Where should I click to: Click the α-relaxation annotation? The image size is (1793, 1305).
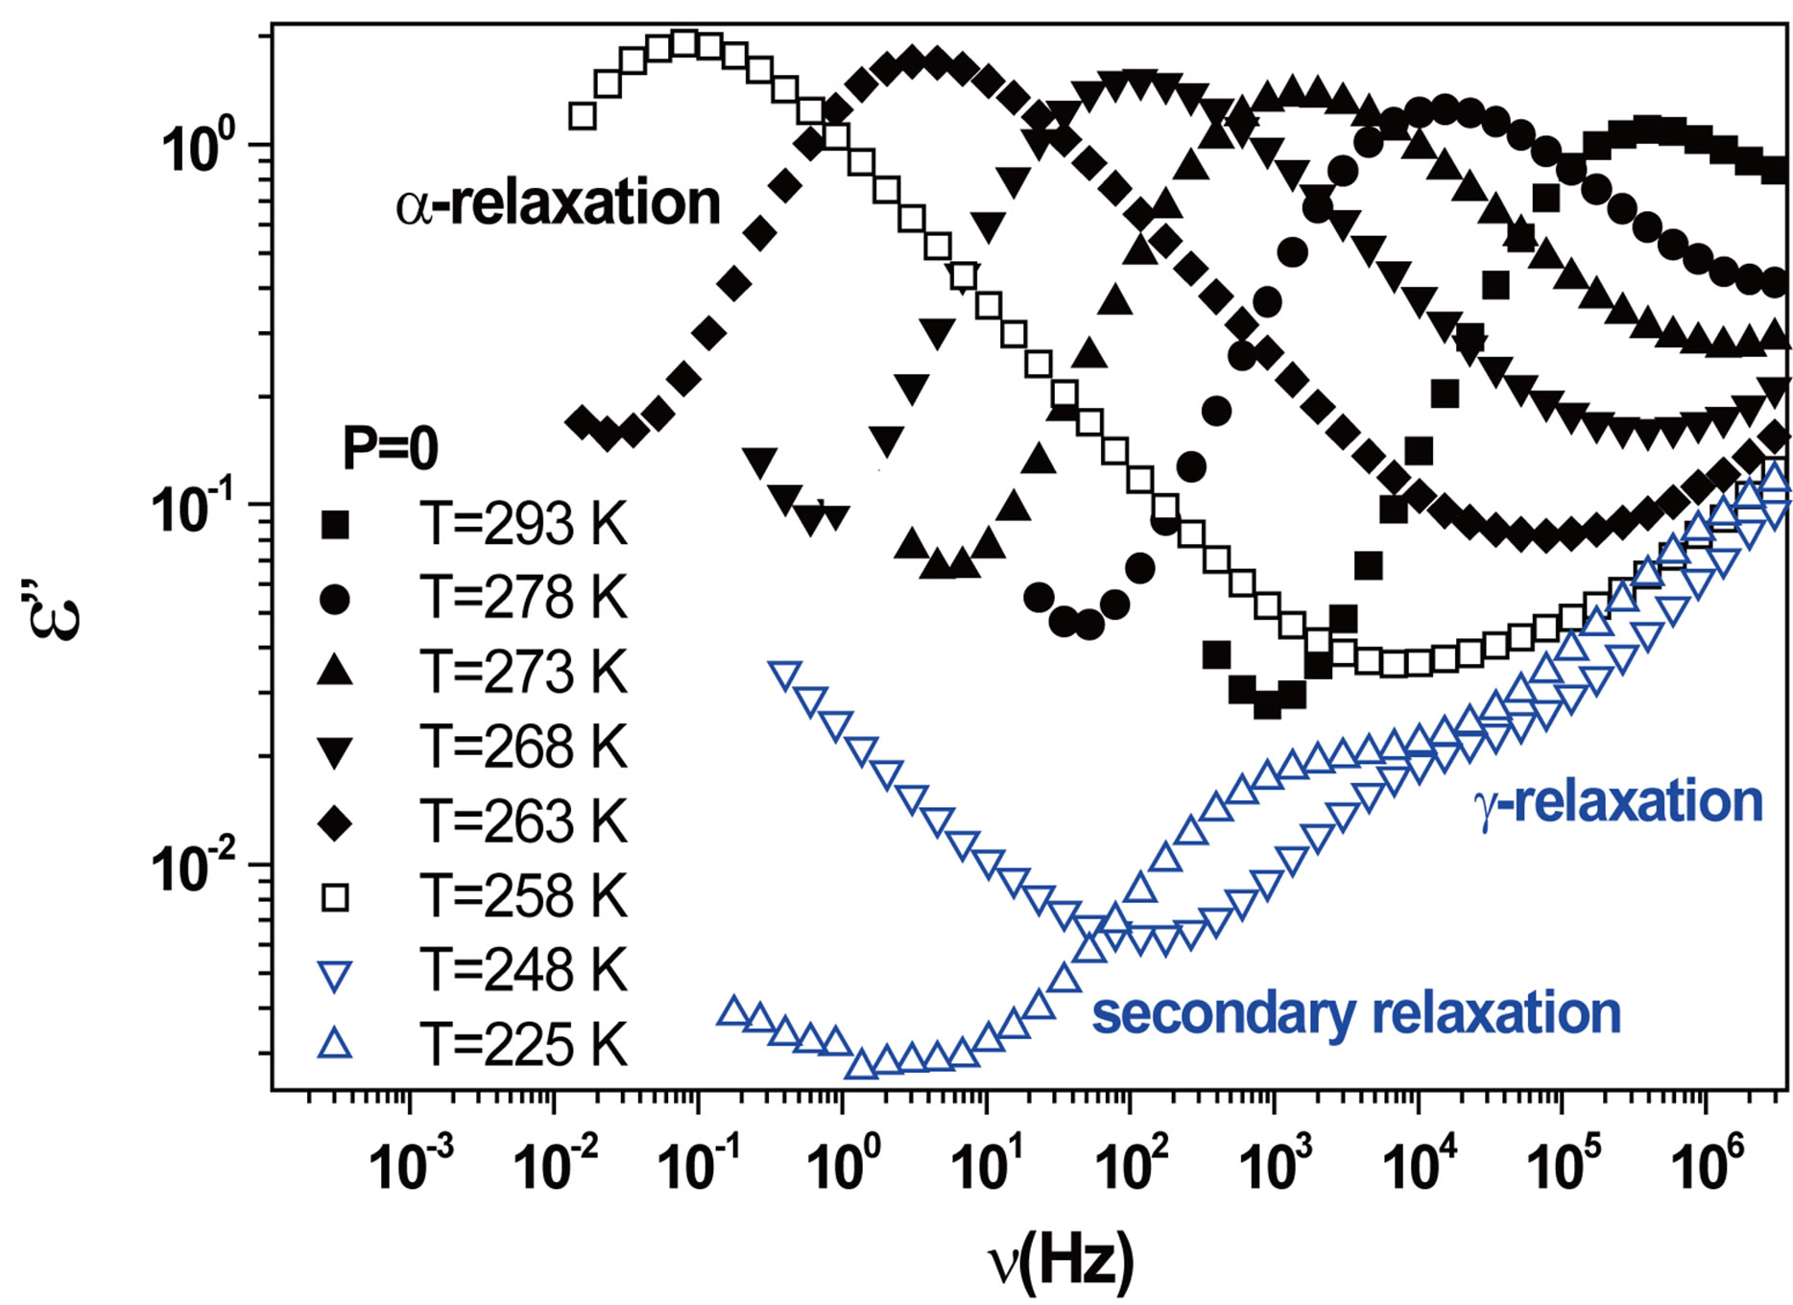pyautogui.click(x=558, y=203)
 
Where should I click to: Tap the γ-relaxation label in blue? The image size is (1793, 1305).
pyautogui.click(x=1618, y=802)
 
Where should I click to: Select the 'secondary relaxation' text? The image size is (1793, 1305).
pyautogui.click(x=1356, y=1013)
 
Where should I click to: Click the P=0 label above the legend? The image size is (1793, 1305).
pyautogui.click(x=390, y=448)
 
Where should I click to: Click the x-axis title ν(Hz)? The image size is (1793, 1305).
pyautogui.click(x=1061, y=1261)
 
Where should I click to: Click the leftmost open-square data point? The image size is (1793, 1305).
pyautogui.click(x=583, y=116)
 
